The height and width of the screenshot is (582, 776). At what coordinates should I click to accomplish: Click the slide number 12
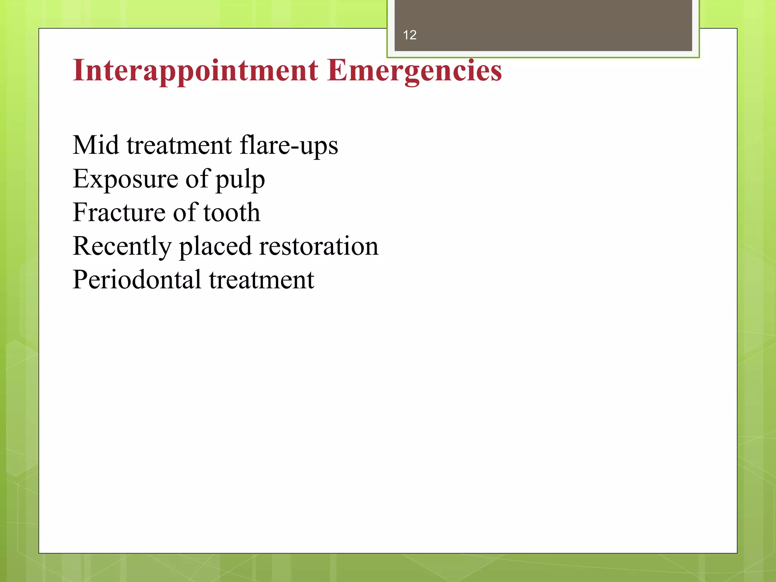tap(410, 35)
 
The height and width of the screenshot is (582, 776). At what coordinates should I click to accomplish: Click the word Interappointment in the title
tap(196, 71)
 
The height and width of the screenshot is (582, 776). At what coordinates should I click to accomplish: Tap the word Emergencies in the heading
tap(415, 71)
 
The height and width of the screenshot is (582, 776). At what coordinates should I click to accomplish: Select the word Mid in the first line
tap(95, 145)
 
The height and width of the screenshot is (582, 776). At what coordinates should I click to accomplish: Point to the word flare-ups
tap(289, 146)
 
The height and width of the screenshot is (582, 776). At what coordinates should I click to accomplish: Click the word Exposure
tap(125, 179)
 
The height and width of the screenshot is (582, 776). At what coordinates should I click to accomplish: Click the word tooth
tap(232, 212)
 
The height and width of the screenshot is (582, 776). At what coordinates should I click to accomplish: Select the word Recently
tap(122, 247)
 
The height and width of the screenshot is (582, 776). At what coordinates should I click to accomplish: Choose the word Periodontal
tap(137, 280)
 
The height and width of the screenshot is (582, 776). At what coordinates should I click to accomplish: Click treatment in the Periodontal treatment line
tap(261, 280)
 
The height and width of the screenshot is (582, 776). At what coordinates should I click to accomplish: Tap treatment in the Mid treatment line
tap(179, 145)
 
